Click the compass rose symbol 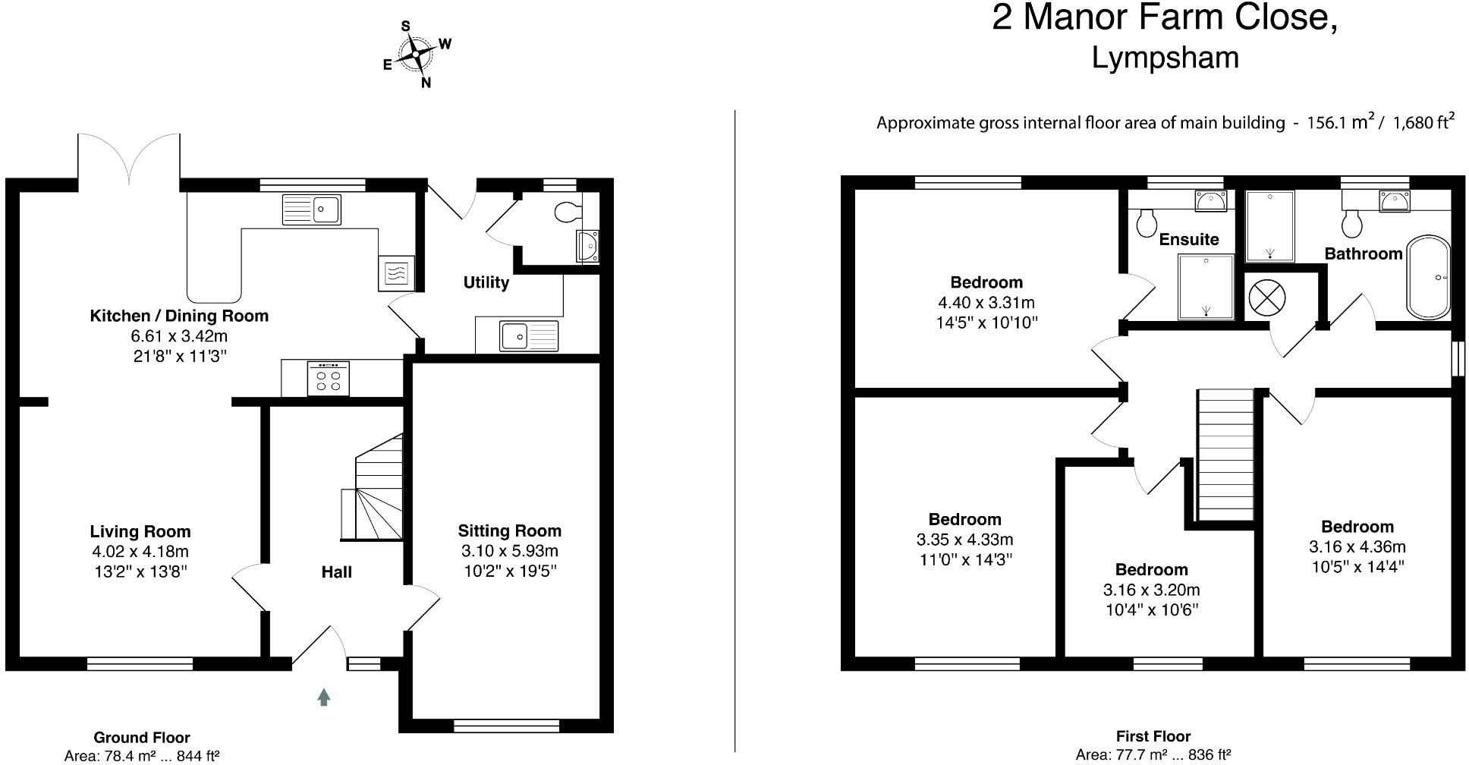[x=417, y=55]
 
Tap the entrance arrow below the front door [x=324, y=697]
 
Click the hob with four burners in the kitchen [x=329, y=378]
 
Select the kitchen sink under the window [x=312, y=209]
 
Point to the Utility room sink [x=528, y=335]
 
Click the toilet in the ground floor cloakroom [x=568, y=212]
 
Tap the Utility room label [x=486, y=282]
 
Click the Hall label [x=336, y=571]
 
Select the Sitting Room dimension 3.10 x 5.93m [x=509, y=551]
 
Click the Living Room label [x=140, y=531]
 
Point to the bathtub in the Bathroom [x=1429, y=277]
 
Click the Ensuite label [x=1188, y=239]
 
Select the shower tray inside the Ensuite [x=1206, y=287]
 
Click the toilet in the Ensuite [x=1146, y=222]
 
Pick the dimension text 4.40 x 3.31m [x=986, y=302]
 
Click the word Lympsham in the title [x=1165, y=58]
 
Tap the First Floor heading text [x=1153, y=735]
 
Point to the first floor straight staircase [x=1225, y=455]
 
